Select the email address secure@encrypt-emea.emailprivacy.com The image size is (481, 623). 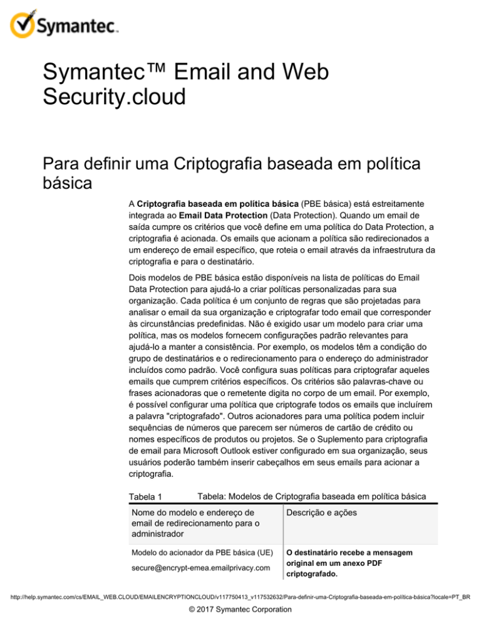194,567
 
